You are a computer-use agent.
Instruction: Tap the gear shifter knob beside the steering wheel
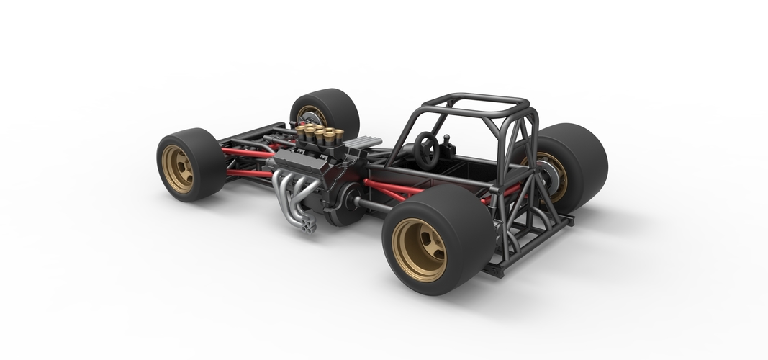[x=446, y=138]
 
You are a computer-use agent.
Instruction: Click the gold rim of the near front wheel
[x=177, y=168]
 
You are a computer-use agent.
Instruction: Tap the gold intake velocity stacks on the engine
[x=317, y=133]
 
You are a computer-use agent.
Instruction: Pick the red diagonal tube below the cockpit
[x=392, y=190]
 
